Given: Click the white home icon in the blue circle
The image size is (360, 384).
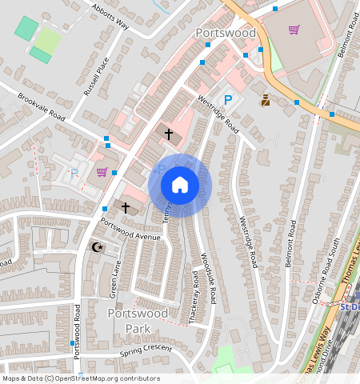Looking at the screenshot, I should [x=180, y=185].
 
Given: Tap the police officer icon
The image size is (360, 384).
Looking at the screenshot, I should [x=265, y=101].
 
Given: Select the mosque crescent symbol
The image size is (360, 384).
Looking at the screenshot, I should [x=98, y=247].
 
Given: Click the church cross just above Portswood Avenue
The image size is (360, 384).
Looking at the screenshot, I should [x=126, y=206].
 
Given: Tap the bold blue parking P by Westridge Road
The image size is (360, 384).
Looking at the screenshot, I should [x=228, y=100].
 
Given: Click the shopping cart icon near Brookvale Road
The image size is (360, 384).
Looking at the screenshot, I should [x=102, y=171].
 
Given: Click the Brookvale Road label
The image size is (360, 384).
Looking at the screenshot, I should [x=42, y=106].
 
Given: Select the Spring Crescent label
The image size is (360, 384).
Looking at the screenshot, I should [x=146, y=350].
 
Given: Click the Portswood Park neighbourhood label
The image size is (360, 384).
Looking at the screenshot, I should [x=138, y=321].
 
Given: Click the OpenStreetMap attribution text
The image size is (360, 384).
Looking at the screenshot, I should [x=81, y=378].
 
